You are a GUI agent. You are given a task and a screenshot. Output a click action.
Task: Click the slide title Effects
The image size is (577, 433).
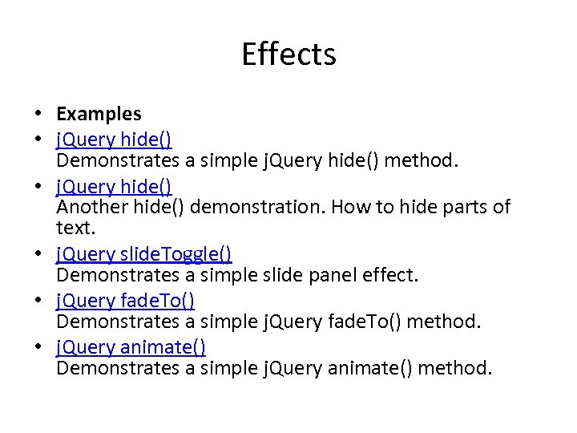[288, 55]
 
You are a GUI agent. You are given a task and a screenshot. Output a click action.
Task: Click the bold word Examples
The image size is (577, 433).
[99, 115]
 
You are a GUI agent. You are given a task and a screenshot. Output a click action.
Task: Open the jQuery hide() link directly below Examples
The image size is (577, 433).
[113, 140]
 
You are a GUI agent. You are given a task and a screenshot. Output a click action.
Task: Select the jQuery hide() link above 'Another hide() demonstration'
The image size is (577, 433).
[113, 186]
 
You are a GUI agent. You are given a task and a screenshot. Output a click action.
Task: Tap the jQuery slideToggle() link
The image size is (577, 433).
[144, 255]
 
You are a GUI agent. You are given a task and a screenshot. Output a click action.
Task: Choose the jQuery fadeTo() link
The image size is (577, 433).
[126, 301]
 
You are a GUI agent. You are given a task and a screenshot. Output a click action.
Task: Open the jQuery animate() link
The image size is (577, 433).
[131, 347]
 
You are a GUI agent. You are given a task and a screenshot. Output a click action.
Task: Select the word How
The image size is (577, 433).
[349, 208]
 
